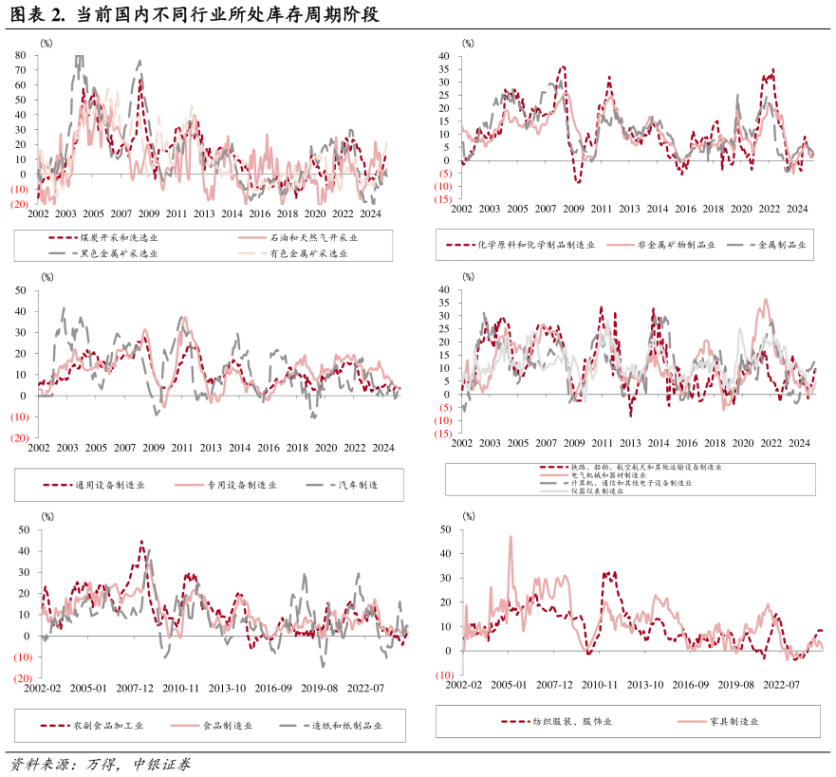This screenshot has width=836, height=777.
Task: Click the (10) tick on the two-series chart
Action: point(444,675)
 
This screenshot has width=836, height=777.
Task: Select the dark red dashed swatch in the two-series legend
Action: point(515,722)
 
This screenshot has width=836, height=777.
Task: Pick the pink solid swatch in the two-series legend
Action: point(692,722)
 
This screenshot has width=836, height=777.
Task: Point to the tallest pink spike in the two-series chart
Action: point(511,538)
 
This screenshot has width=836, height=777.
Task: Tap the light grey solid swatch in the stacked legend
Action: point(554,491)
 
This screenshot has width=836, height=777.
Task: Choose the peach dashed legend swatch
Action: point(252,253)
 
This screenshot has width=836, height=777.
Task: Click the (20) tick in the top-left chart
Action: point(20,204)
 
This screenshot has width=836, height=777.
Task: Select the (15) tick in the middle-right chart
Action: point(443,434)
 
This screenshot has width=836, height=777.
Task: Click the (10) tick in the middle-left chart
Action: point(20,417)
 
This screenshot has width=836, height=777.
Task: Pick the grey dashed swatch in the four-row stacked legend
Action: point(554,483)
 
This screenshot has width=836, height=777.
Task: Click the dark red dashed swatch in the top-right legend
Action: point(461,245)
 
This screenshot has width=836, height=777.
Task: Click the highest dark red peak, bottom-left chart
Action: point(141,543)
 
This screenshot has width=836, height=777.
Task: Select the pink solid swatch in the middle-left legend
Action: point(189,486)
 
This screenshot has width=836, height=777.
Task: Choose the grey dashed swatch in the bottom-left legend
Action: point(294,726)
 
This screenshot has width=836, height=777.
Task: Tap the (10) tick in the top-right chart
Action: point(443,187)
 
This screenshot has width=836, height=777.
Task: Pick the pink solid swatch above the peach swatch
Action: point(252,238)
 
